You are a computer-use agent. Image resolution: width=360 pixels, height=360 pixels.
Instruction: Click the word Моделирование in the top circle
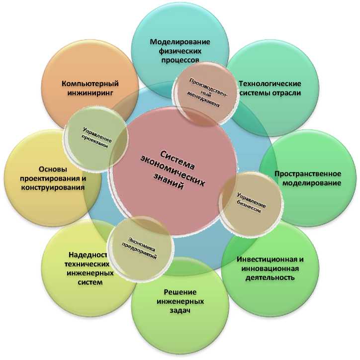(x=180, y=41)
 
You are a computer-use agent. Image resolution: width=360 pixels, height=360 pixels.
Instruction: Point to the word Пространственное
(x=308, y=174)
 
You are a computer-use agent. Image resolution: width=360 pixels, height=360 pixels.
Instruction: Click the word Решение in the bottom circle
(x=180, y=291)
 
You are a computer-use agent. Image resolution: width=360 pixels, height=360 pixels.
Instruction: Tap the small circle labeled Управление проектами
(x=95, y=136)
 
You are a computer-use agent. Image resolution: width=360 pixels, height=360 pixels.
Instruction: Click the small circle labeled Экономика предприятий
(x=141, y=247)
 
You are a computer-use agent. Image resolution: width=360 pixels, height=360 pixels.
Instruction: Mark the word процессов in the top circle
(x=180, y=60)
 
